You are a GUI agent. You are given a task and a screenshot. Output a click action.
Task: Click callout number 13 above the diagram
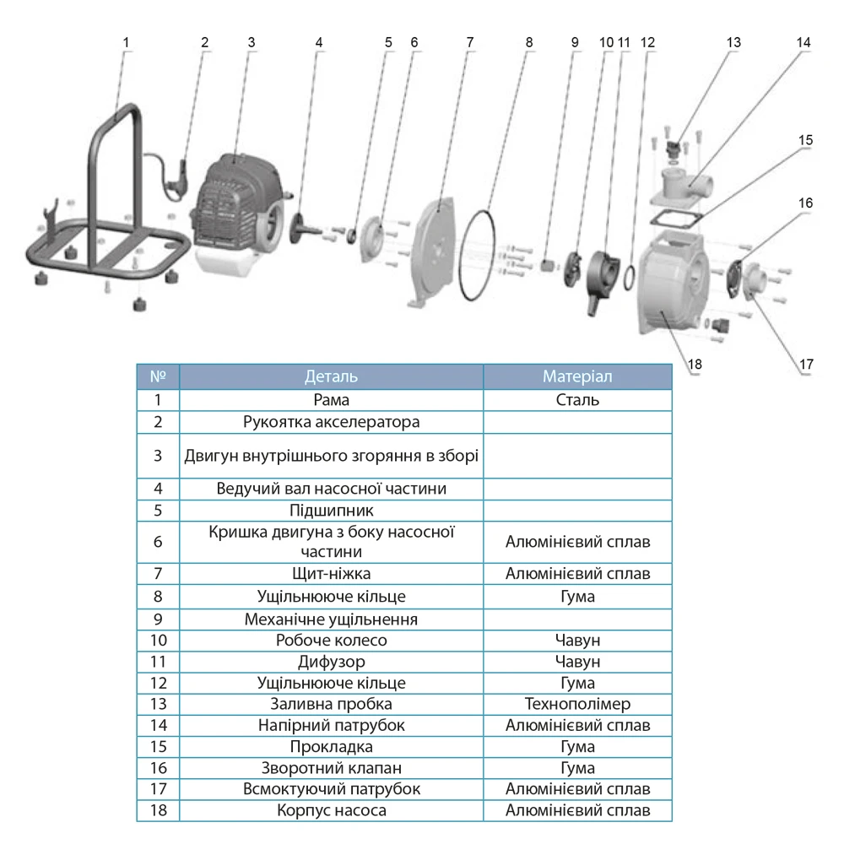[x=733, y=41]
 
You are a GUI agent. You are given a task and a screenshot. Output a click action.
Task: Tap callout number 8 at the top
[x=529, y=41]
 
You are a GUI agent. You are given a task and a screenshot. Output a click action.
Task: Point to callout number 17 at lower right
[x=806, y=364]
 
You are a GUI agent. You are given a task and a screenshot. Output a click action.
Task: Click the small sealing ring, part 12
[x=630, y=275]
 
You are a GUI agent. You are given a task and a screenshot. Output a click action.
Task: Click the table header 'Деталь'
[x=331, y=376]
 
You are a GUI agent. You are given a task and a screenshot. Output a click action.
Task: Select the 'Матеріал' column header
[x=577, y=376]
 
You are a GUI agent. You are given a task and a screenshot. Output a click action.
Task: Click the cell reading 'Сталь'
[x=577, y=400]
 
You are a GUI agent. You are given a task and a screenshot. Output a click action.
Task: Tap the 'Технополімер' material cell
[x=577, y=704]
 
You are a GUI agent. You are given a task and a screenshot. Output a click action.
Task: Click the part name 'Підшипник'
[x=331, y=511]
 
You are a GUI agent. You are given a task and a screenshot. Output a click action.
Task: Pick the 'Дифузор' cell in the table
[x=331, y=662]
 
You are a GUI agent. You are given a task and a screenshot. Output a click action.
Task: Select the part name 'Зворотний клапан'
[x=331, y=768]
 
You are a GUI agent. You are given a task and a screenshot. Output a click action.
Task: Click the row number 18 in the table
[x=158, y=811]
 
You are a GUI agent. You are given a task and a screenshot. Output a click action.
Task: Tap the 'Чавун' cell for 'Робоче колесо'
[x=577, y=640]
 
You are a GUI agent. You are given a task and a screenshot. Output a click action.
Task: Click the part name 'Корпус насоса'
[x=331, y=811]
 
